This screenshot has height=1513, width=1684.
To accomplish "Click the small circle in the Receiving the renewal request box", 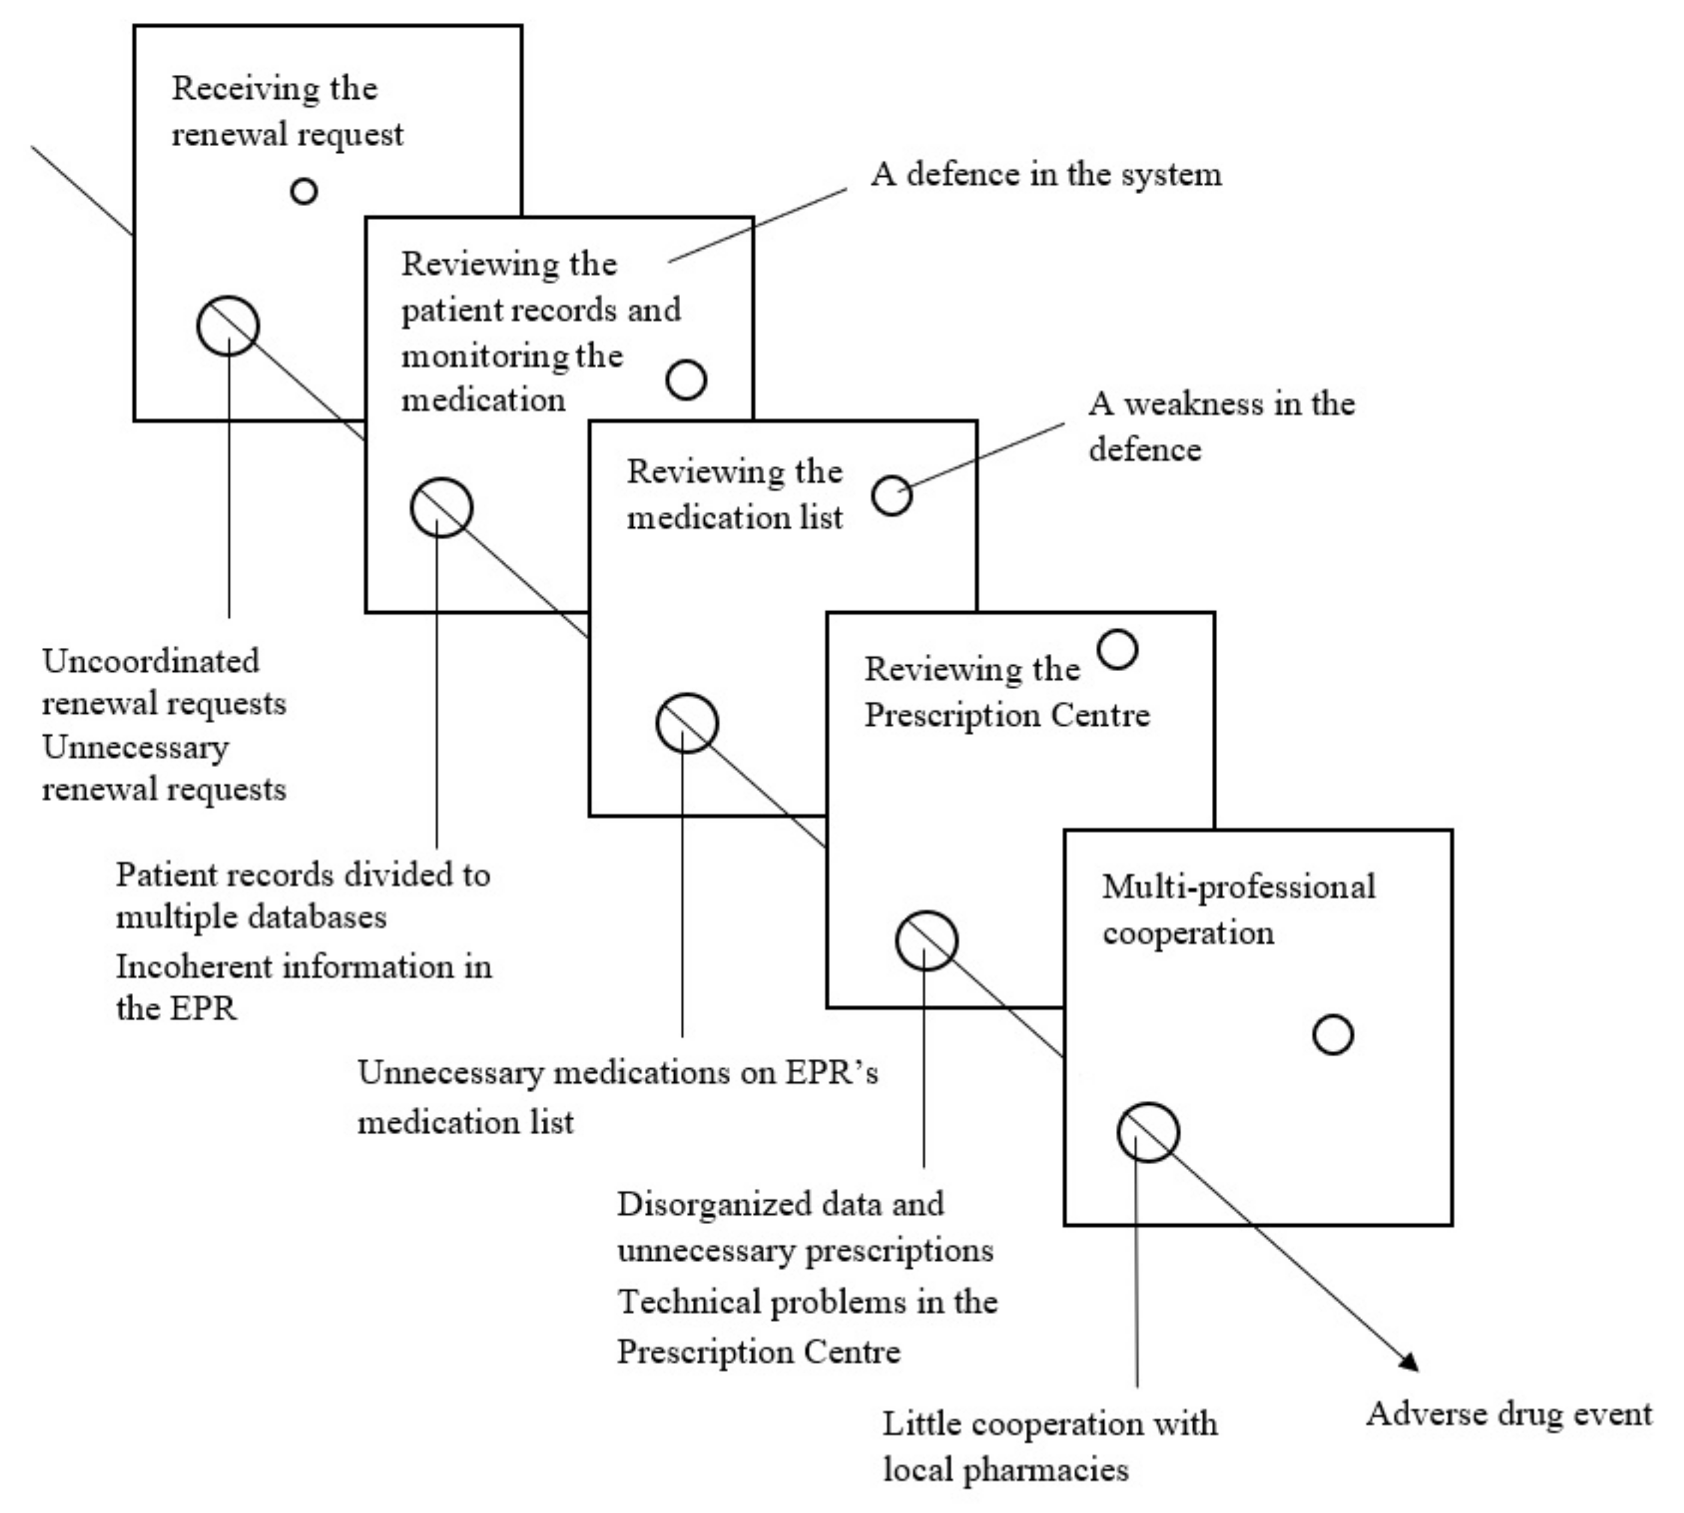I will click(x=304, y=191).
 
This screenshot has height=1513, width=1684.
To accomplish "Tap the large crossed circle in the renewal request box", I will click(x=228, y=326).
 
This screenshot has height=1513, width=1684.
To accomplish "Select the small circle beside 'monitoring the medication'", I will click(x=686, y=380).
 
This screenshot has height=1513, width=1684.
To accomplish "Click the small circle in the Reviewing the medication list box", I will click(x=892, y=496).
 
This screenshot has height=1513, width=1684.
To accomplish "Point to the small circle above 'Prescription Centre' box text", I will click(x=1117, y=650).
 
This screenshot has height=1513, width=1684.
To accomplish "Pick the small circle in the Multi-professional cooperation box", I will click(x=1332, y=1035).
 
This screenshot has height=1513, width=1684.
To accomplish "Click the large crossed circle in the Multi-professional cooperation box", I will click(x=1148, y=1133).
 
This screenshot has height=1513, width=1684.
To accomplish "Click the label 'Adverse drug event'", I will click(x=1508, y=1414).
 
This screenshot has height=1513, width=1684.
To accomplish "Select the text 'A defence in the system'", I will click(x=1046, y=174).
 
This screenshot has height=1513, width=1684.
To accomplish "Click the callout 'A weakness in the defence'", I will click(x=1221, y=427).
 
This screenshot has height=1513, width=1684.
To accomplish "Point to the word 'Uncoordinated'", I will click(x=150, y=662).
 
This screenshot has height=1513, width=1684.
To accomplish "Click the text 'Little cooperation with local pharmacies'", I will click(x=1049, y=1447).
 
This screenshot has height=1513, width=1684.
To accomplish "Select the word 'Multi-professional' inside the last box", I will click(x=1238, y=887).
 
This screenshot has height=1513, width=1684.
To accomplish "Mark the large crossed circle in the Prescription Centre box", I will click(x=926, y=941).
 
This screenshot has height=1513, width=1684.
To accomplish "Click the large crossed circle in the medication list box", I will click(x=687, y=723).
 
